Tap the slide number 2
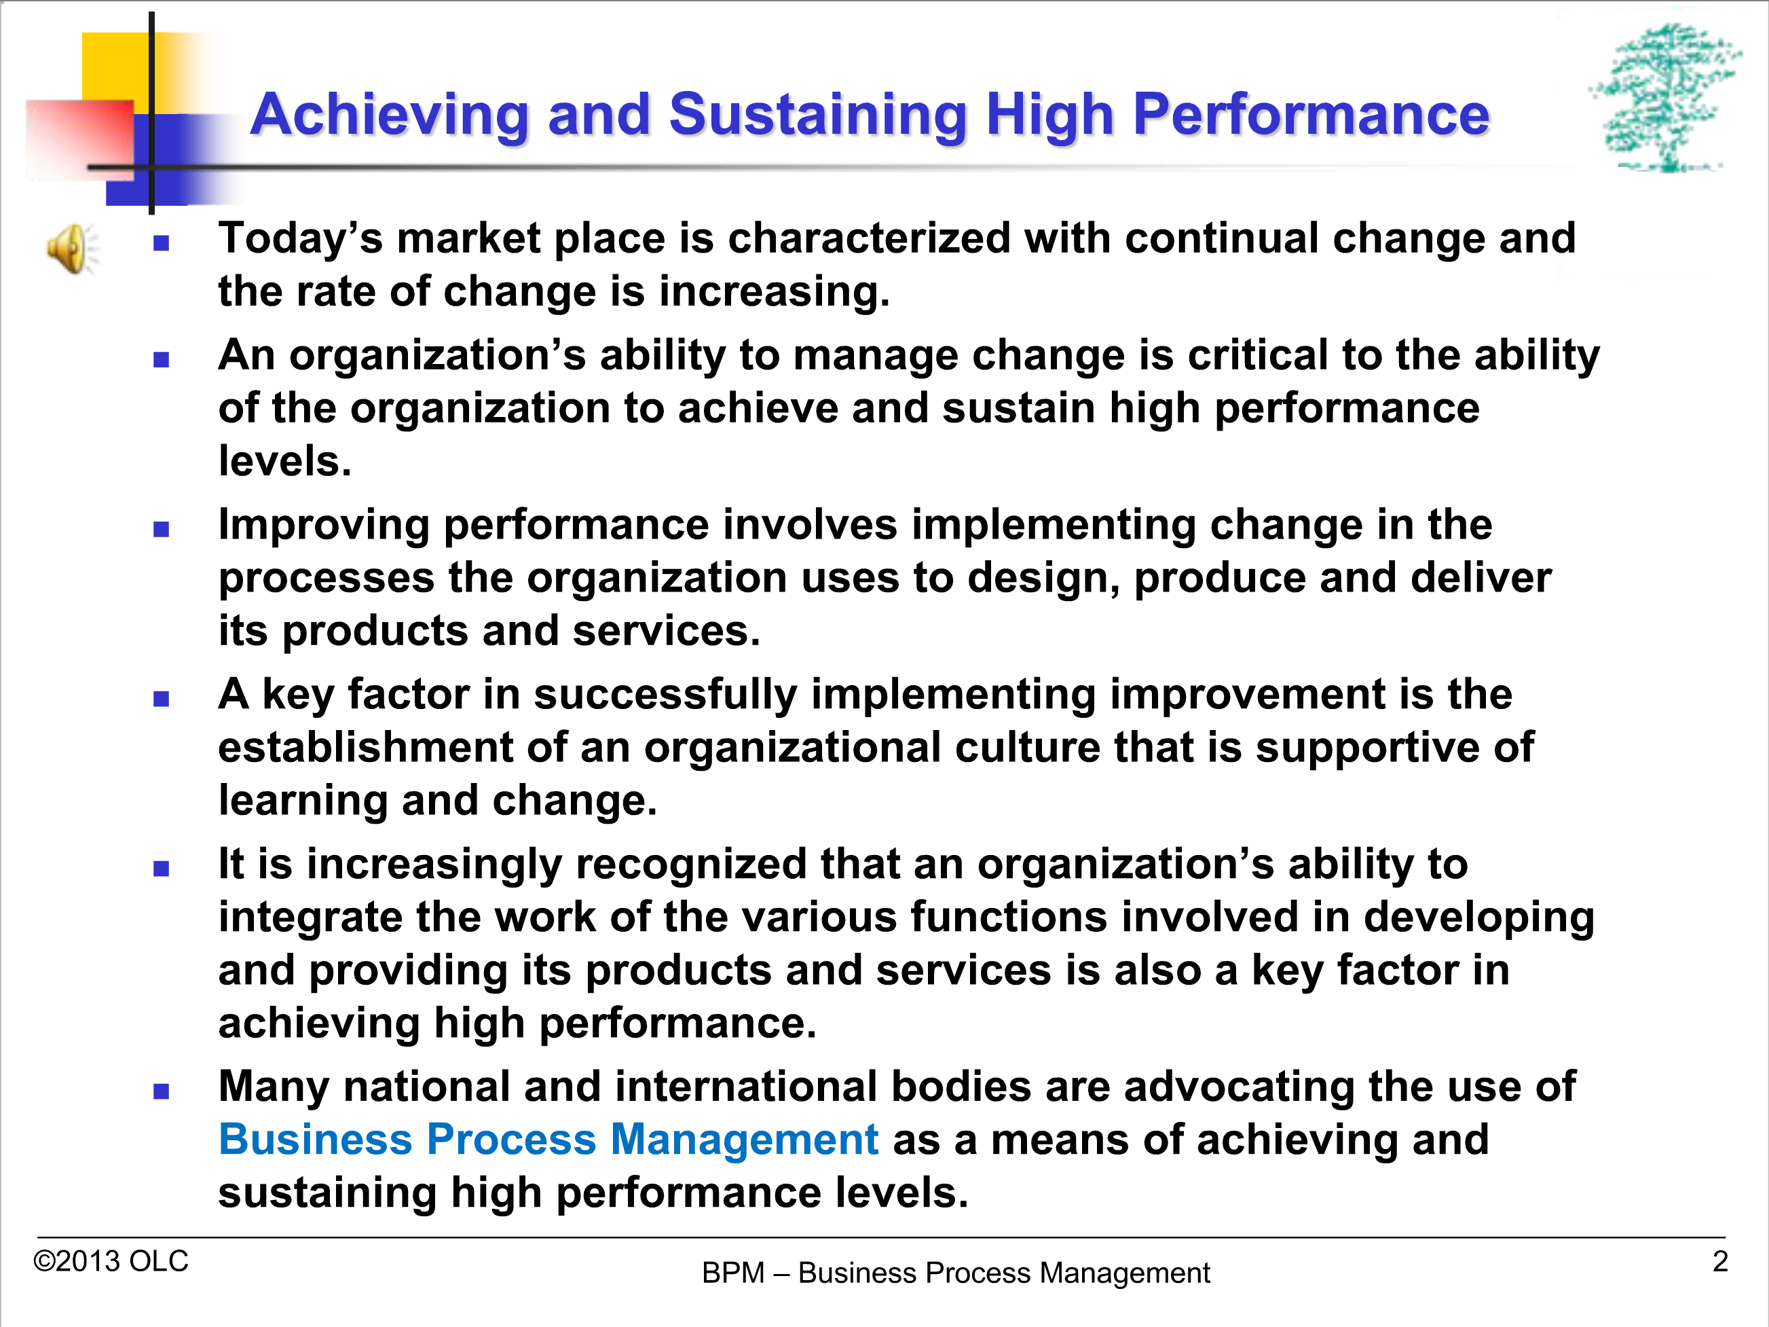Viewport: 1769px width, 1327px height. pyautogui.click(x=1720, y=1261)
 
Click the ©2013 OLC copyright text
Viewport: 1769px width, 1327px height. pyautogui.click(x=111, y=1261)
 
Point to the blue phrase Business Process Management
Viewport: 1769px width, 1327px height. pyautogui.click(x=548, y=1140)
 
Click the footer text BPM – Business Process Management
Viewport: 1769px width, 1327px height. pyautogui.click(x=956, y=1273)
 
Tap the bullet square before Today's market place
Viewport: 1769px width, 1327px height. pyautogui.click(x=162, y=243)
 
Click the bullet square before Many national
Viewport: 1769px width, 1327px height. pyautogui.click(x=162, y=1091)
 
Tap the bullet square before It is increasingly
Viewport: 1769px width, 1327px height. pyautogui.click(x=162, y=869)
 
